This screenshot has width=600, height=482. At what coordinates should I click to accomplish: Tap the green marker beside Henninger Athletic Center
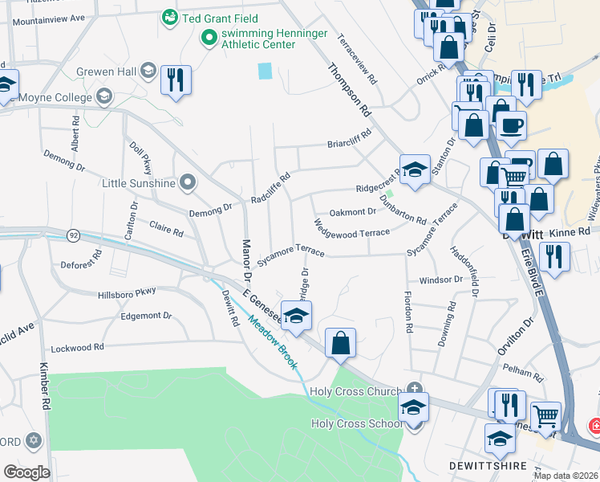pos(209,36)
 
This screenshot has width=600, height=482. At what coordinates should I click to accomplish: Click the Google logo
pos(26,472)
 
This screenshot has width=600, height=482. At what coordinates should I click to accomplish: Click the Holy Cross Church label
pos(364,391)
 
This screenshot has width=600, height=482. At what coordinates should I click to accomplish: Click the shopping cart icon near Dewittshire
pos(545,416)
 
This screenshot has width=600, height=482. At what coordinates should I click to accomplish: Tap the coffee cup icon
pos(511,125)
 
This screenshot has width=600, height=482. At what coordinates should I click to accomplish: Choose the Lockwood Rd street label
pos(77,349)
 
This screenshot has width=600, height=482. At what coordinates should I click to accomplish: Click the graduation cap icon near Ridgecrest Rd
pos(415,169)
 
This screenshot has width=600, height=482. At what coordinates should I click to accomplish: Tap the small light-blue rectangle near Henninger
pos(265,71)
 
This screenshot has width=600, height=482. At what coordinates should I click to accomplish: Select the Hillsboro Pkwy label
pos(127,292)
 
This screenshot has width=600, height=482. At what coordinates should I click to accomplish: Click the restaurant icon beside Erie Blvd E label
pos(553,257)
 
